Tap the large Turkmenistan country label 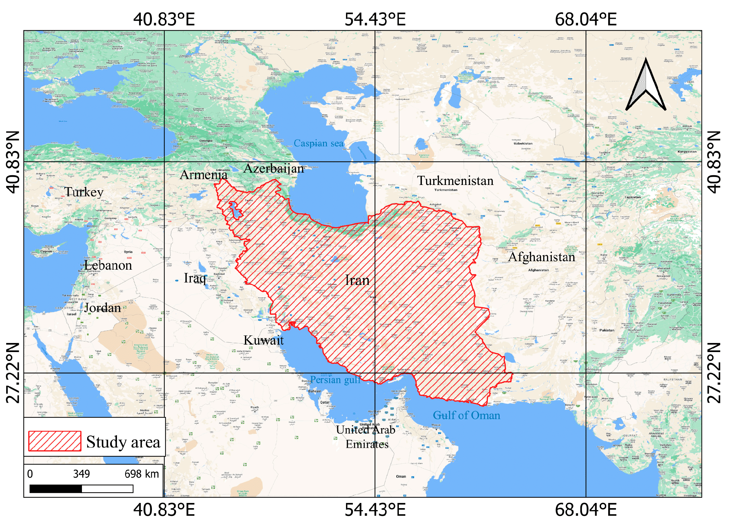pos(455,181)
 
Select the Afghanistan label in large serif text pos(541,257)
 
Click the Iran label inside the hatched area pos(357,280)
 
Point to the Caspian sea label pos(318,143)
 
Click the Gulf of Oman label pos(466,415)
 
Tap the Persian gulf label pos(335,380)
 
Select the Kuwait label pos(263,340)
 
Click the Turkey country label pos(84,192)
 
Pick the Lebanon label pos(108,265)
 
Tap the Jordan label pos(102,308)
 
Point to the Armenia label pos(203,175)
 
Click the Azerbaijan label pos(274,168)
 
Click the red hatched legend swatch pos(54,441)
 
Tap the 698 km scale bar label pos(142,474)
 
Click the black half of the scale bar pos(55,489)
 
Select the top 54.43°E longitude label pos(375,19)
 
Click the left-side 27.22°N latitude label pos(13,372)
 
